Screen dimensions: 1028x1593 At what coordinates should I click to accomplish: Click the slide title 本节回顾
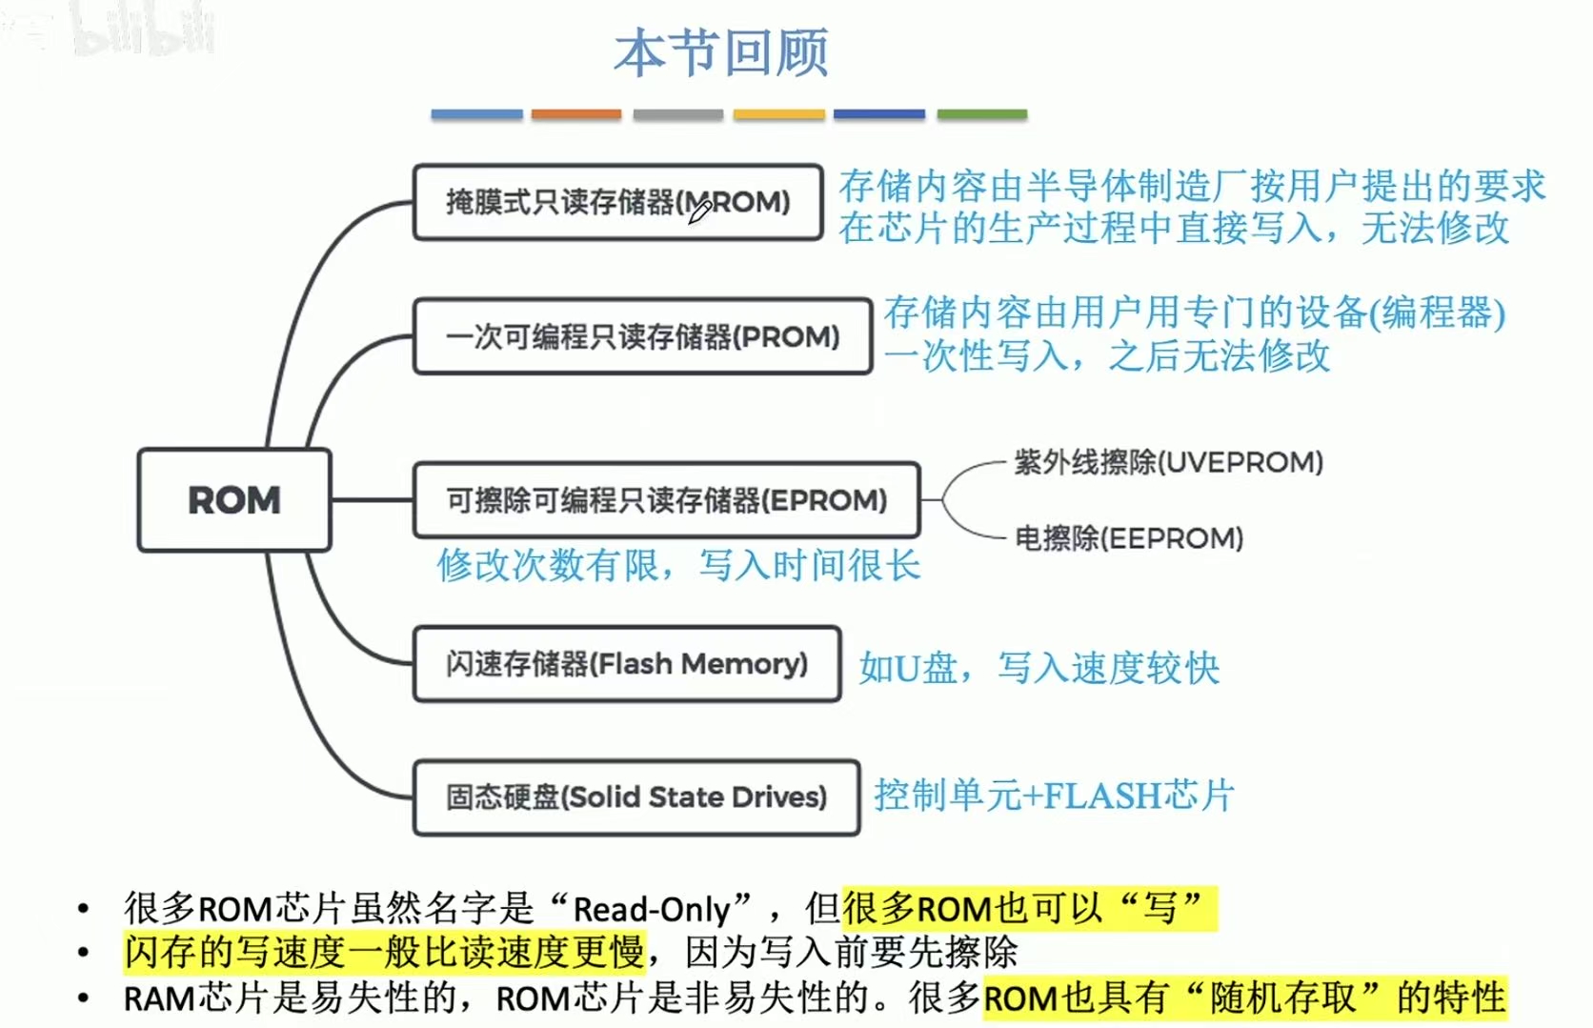721,52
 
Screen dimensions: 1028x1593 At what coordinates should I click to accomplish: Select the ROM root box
234,500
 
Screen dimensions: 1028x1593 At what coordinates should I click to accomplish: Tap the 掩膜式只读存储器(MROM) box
617,202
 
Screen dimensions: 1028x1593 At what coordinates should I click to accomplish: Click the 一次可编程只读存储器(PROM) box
642,336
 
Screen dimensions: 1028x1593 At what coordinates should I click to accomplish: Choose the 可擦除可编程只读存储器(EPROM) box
666,500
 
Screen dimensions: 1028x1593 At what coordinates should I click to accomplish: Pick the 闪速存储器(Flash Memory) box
626,664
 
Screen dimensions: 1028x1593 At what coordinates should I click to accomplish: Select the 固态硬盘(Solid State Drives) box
635,797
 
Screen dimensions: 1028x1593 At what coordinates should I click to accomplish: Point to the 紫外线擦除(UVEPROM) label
1168,463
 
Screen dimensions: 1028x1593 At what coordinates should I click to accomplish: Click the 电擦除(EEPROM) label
1129,539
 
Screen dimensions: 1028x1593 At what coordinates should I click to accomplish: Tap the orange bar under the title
576,114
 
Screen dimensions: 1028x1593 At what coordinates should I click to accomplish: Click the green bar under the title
981,114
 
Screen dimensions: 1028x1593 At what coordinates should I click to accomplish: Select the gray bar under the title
677,114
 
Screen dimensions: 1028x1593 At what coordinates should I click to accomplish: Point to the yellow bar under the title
778,114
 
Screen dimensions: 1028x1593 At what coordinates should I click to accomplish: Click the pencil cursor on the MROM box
700,212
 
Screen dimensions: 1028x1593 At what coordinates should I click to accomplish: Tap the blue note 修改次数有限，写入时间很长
678,566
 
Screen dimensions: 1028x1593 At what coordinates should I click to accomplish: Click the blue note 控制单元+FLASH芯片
1054,796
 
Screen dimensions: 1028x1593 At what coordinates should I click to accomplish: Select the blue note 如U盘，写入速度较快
1038,668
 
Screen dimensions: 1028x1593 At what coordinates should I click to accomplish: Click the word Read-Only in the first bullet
651,910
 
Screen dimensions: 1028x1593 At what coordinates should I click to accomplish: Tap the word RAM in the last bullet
159,999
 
